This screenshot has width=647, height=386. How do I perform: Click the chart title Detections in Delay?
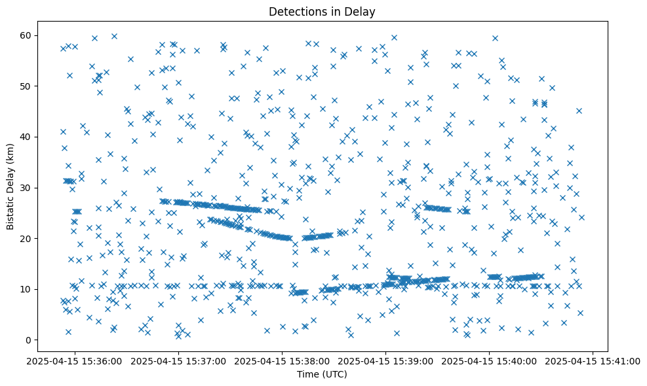[322, 11]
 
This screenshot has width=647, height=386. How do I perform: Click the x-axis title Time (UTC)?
[322, 374]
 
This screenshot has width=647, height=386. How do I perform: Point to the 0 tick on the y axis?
[35, 340]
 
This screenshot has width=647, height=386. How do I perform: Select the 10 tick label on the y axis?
[33, 289]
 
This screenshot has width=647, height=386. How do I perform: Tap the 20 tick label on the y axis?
[33, 238]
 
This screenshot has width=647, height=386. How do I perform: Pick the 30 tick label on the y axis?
[33, 188]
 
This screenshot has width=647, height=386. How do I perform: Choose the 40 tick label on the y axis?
[33, 137]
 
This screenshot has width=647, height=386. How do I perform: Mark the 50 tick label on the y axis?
[33, 86]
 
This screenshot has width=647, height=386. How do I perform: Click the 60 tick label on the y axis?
[33, 35]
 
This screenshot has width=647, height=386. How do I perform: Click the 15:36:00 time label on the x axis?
[75, 360]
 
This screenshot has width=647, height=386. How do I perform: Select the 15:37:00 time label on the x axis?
[179, 360]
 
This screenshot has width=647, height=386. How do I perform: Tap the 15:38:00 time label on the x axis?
[283, 360]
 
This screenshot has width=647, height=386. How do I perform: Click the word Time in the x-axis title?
[307, 374]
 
